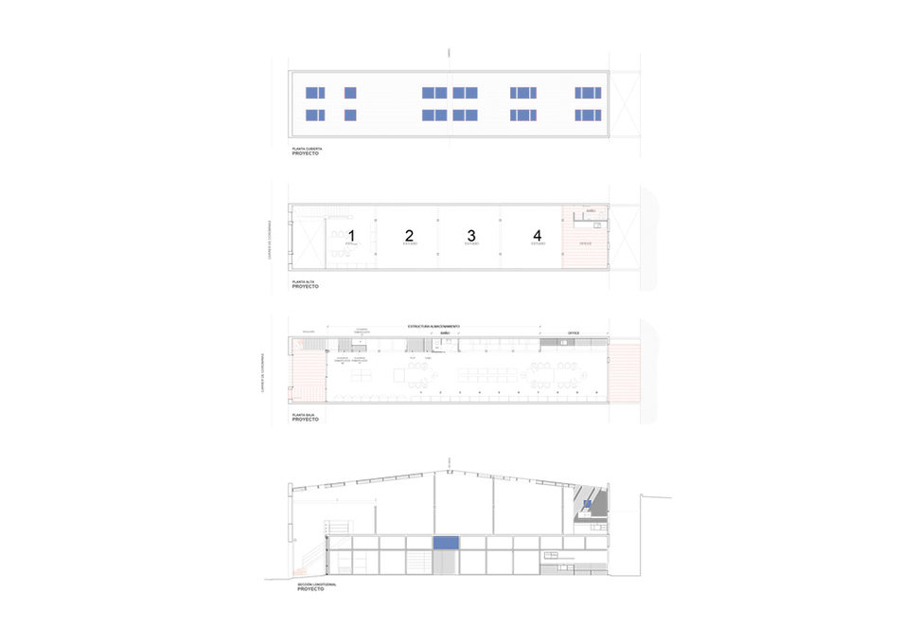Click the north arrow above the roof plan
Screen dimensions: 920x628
point(449,53)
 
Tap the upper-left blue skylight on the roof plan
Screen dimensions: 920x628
point(315,92)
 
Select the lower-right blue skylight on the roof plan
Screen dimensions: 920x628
point(588,115)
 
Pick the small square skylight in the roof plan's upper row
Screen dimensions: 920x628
point(349,92)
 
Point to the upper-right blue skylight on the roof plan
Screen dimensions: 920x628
point(588,92)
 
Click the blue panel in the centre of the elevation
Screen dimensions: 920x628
point(445,543)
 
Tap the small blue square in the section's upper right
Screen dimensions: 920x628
point(587,504)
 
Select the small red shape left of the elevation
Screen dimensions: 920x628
point(301,571)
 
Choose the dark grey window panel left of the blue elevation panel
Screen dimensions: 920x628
point(417,562)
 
